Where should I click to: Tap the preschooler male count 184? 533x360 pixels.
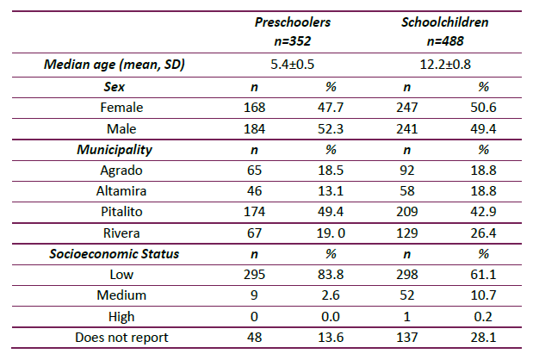tap(254, 128)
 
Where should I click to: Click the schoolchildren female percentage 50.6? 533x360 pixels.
tap(482, 108)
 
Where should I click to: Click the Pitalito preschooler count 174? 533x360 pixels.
tap(254, 213)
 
